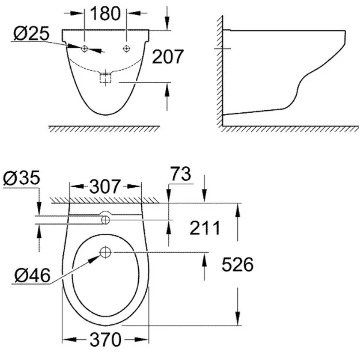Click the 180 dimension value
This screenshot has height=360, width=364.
106,13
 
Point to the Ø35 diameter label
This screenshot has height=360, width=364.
21,178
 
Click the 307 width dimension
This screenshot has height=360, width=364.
105,186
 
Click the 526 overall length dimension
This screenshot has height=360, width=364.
238,264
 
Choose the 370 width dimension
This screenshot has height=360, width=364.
105,340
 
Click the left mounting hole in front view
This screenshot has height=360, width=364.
85,49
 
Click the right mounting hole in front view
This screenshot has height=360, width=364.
127,49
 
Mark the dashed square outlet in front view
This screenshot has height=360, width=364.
105,78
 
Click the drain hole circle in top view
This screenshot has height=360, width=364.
105,252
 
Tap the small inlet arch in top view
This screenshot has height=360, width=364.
105,218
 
